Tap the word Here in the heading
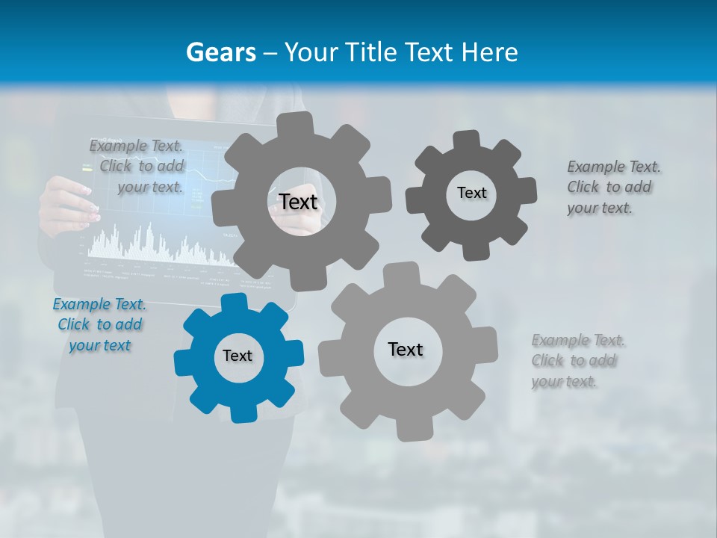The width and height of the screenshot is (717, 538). (x=490, y=53)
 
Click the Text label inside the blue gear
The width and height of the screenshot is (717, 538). (x=238, y=356)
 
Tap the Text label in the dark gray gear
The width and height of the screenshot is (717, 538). (x=471, y=193)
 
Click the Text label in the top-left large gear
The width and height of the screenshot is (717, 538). (x=298, y=202)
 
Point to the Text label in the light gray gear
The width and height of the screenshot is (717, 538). (x=406, y=349)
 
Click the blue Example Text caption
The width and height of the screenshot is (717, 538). (x=99, y=325)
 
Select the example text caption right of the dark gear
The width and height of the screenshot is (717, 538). (x=613, y=187)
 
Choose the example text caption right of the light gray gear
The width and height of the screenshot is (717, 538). (x=578, y=361)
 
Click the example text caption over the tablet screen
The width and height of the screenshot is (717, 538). (x=137, y=167)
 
